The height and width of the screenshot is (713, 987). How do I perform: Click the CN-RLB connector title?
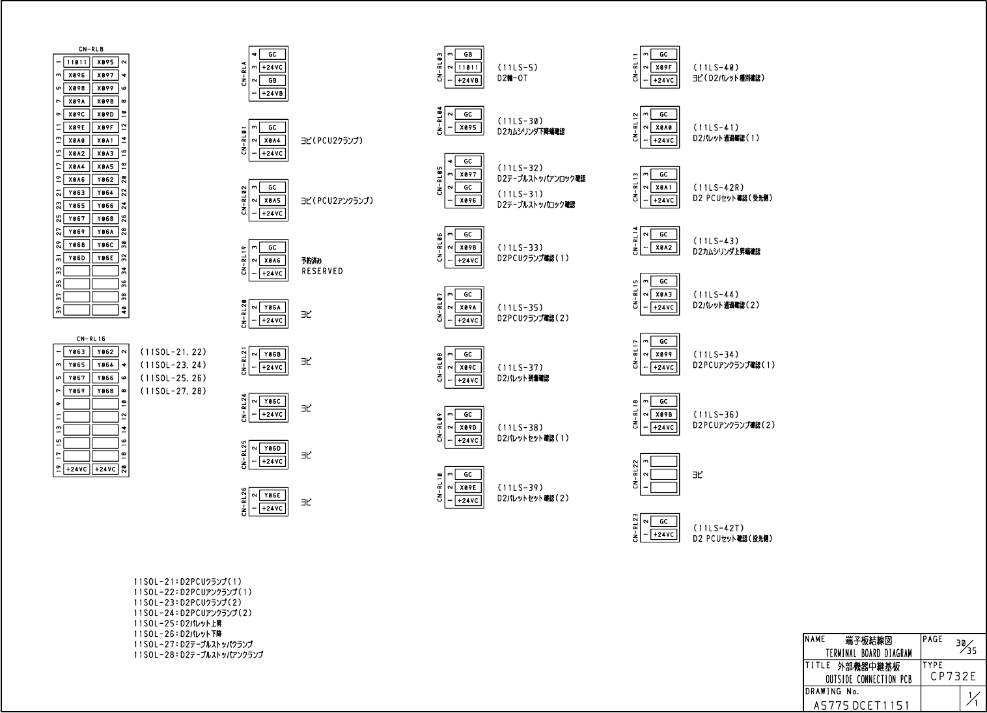point(90,49)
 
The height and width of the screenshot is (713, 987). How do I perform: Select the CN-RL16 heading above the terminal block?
point(90,339)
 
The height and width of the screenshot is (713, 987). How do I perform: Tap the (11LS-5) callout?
point(518,68)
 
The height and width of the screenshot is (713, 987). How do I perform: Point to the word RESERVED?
point(322,272)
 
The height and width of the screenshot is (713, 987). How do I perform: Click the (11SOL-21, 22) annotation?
point(173,352)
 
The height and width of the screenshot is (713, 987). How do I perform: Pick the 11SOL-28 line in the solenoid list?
point(198,655)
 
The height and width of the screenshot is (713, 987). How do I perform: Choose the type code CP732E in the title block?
point(952,677)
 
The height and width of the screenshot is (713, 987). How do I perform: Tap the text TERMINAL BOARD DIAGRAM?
point(869,653)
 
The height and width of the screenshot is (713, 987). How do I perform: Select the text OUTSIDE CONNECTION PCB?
point(869,680)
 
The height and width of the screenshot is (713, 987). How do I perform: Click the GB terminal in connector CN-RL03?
point(467,55)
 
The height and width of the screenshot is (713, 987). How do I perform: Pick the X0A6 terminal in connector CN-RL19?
point(272,260)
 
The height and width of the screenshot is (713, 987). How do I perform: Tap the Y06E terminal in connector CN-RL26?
point(272,496)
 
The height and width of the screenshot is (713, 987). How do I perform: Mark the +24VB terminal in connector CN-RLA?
point(272,94)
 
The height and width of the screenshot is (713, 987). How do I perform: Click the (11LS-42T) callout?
point(718,528)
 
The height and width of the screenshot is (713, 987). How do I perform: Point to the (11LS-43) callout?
point(716,242)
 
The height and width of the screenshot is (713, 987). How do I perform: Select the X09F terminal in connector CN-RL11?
point(663,68)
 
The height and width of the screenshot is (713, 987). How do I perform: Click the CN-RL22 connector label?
point(635,474)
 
